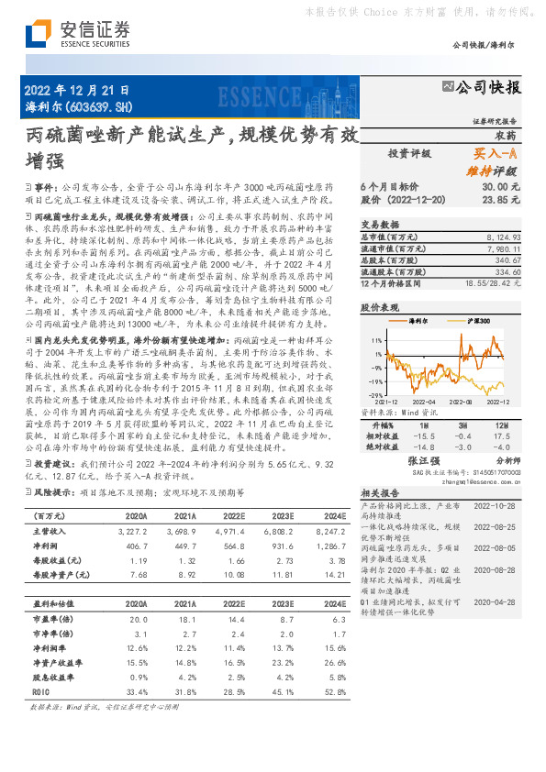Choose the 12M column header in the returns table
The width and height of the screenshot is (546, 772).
coord(502,426)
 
